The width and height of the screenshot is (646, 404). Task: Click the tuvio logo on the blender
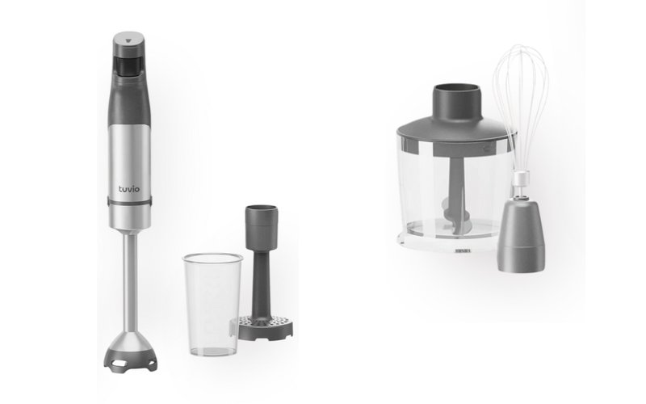(x=129, y=189)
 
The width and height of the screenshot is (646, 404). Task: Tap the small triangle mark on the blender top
(x=128, y=41)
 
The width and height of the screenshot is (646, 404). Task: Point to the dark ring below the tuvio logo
(x=129, y=201)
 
